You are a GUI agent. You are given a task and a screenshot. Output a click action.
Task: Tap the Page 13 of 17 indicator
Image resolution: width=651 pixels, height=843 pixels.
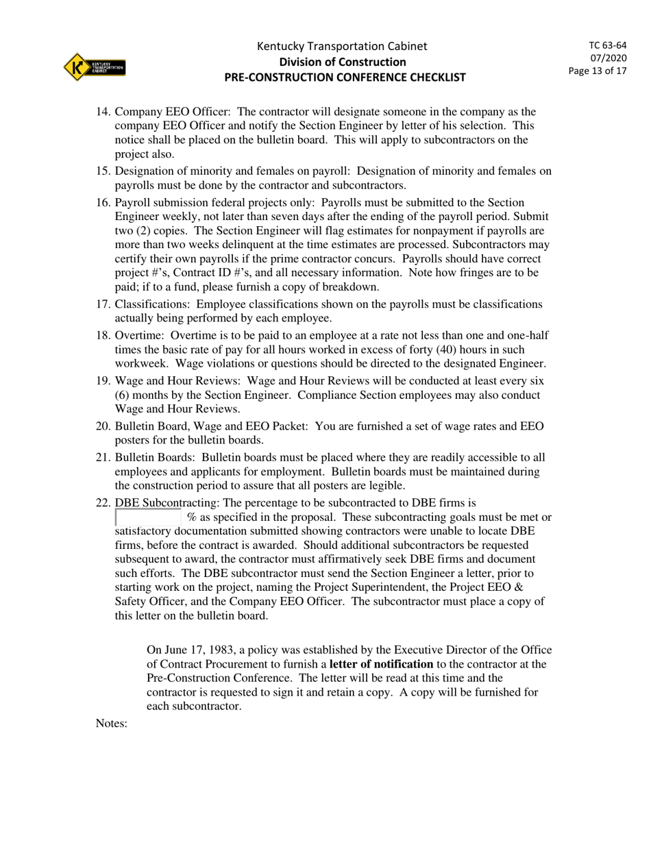(x=598, y=71)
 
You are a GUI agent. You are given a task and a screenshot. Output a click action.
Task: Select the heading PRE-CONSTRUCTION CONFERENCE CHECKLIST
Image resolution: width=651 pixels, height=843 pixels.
(x=345, y=77)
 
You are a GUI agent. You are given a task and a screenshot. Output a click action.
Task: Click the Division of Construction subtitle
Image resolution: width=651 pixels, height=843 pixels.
(x=342, y=62)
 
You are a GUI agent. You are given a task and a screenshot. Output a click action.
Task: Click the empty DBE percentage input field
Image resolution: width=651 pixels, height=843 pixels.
(x=148, y=517)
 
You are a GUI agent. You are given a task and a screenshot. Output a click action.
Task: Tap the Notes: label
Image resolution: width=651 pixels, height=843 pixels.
(x=112, y=723)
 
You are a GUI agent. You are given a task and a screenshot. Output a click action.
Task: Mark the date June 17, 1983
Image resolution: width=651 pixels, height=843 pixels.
(x=199, y=650)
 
